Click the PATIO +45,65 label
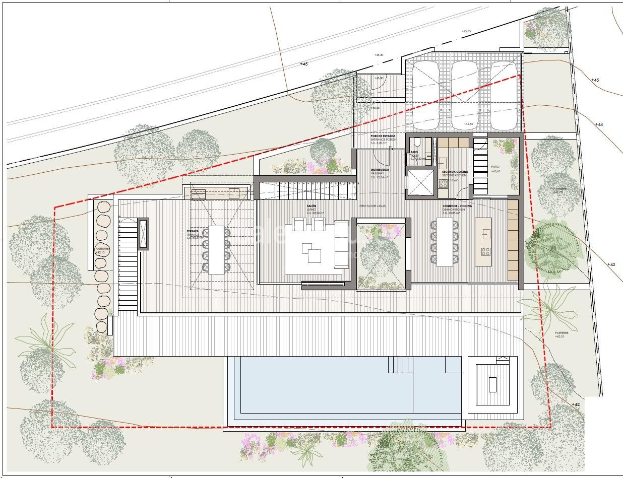(x=495, y=169)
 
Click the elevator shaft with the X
(x=420, y=181)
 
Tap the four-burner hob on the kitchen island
(x=486, y=250)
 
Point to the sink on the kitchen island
(x=486, y=233)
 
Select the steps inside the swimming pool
(x=400, y=364)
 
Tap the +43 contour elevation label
(x=611, y=264)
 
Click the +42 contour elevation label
(x=576, y=404)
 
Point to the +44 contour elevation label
(x=599, y=124)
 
